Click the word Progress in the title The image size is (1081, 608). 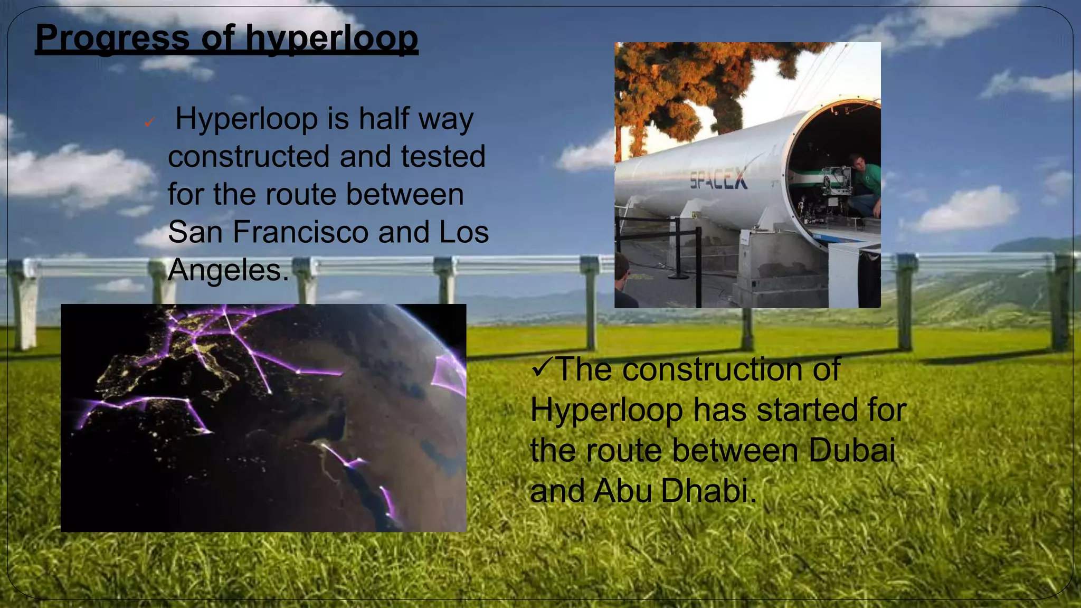(x=112, y=38)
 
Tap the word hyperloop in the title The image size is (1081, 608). (x=331, y=38)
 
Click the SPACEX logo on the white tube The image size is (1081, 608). (x=718, y=179)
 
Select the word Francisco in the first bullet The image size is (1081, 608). (x=301, y=232)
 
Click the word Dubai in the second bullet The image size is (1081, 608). (x=852, y=450)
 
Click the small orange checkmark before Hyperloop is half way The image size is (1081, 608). (x=149, y=123)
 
